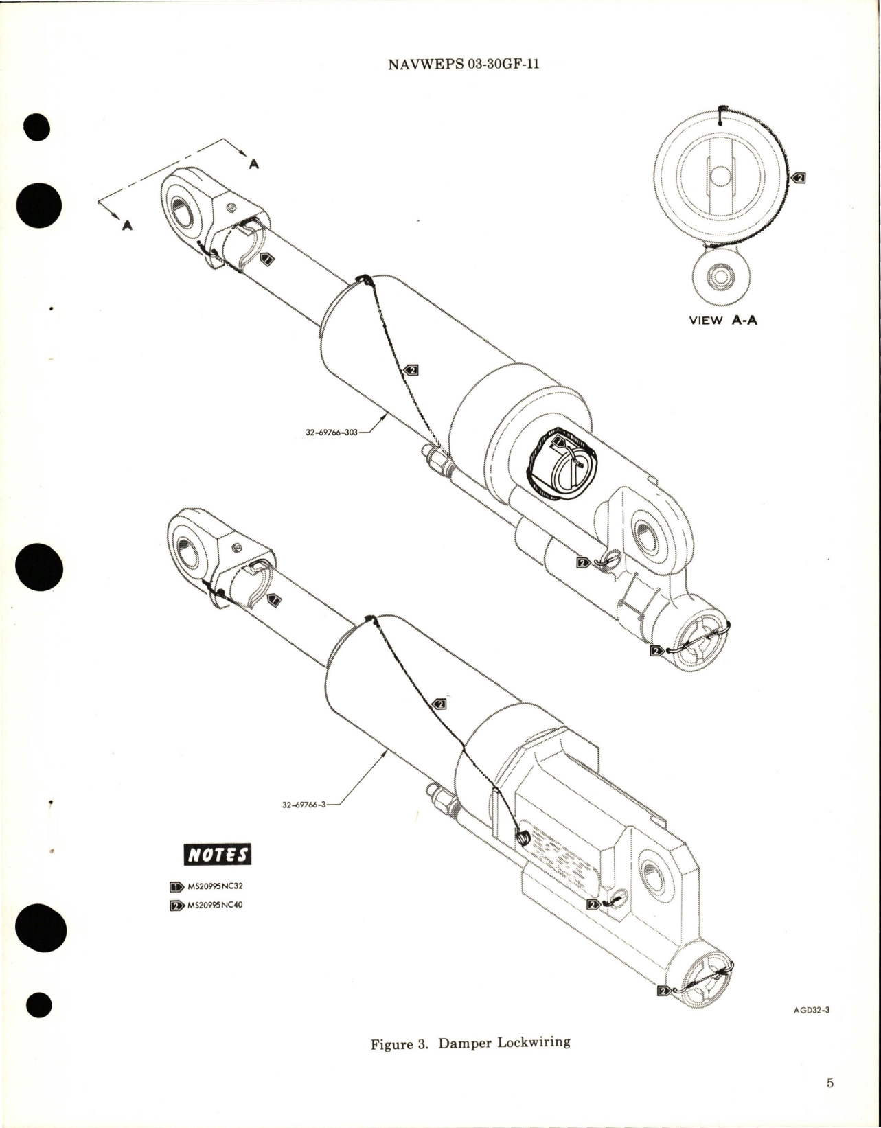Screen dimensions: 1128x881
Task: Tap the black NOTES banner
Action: pyautogui.click(x=218, y=855)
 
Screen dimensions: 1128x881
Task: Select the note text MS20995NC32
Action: pyautogui.click(x=215, y=886)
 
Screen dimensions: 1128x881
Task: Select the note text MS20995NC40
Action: pyautogui.click(x=215, y=905)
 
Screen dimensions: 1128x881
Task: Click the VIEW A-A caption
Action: pyautogui.click(x=722, y=321)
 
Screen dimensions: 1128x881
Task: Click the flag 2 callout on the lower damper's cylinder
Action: pyautogui.click(x=439, y=704)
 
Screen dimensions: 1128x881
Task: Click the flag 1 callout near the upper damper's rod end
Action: pyautogui.click(x=268, y=259)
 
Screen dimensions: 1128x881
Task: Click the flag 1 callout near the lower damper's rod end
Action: pyautogui.click(x=273, y=601)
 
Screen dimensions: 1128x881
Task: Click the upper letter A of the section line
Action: pyautogui.click(x=254, y=165)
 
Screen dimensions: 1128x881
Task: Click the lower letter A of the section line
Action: pyautogui.click(x=126, y=225)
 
